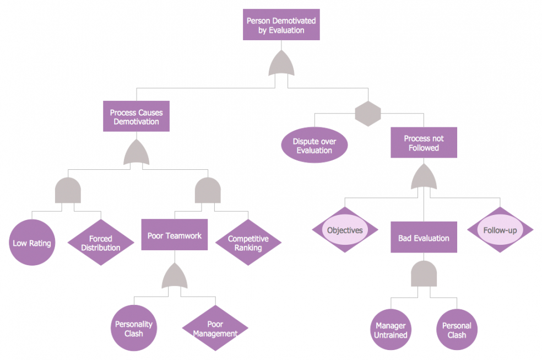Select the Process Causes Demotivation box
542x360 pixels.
click(x=136, y=117)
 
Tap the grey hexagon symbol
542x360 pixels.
click(x=368, y=113)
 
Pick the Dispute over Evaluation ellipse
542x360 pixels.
click(x=314, y=146)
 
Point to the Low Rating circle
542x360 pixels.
click(x=32, y=243)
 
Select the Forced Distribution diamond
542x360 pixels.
click(x=101, y=243)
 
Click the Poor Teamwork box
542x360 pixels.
click(x=175, y=235)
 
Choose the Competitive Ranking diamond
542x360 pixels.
click(x=248, y=243)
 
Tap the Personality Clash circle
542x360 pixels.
click(x=134, y=329)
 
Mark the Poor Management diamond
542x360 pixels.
click(x=215, y=329)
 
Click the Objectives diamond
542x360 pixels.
click(x=345, y=230)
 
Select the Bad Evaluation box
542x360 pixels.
click(x=424, y=238)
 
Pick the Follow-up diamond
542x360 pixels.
click(x=500, y=230)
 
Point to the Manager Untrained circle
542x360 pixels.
click(x=391, y=330)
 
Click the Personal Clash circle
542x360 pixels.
click(x=457, y=330)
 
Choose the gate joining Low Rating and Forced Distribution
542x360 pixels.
click(x=68, y=191)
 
